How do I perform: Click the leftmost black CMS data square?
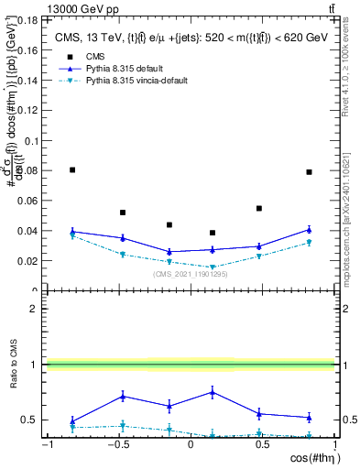[x=72, y=169]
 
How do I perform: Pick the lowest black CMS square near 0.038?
[x=213, y=233]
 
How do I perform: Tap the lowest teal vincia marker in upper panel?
[x=213, y=267]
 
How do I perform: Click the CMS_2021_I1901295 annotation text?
[x=191, y=274]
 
